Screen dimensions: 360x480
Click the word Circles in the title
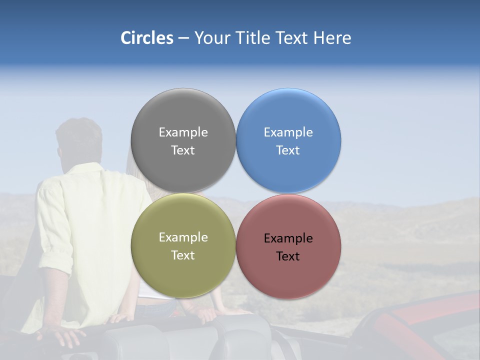pyautogui.click(x=146, y=38)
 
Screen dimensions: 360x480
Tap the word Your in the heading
pyautogui.click(x=211, y=38)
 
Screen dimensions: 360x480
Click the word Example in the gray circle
pyautogui.click(x=183, y=132)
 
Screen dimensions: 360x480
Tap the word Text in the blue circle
pyautogui.click(x=288, y=150)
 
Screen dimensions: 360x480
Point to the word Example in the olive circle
pyautogui.click(x=183, y=237)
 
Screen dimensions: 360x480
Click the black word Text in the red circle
pyautogui.click(x=288, y=256)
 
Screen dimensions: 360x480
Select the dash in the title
pyautogui.click(x=183, y=38)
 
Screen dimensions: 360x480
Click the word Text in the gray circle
pyautogui.click(x=183, y=150)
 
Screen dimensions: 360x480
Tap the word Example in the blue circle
pyautogui.click(x=288, y=132)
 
